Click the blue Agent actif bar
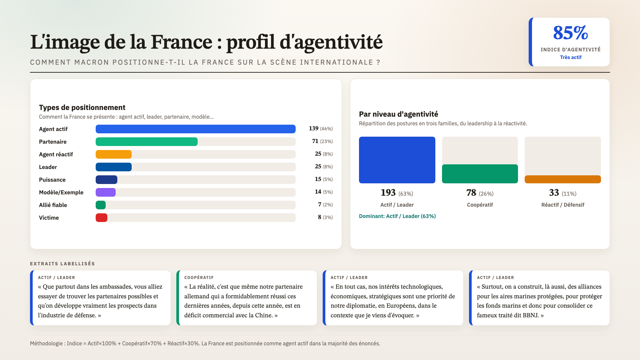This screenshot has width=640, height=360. [x=195, y=129]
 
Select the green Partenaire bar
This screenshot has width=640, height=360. [x=146, y=142]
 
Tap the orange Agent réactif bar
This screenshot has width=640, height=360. [x=113, y=154]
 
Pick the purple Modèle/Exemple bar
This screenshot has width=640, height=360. [x=105, y=192]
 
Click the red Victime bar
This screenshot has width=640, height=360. [x=101, y=218]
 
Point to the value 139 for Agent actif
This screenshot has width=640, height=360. [x=313, y=128]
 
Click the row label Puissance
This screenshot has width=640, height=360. [x=52, y=180]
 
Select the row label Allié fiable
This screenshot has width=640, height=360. [x=53, y=205]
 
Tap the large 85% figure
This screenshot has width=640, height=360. [x=570, y=33]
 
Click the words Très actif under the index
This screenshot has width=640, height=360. [x=571, y=57]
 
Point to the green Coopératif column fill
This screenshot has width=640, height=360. [x=480, y=174]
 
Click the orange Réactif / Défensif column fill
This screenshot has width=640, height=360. [x=563, y=179]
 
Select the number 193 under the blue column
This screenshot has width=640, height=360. [x=388, y=193]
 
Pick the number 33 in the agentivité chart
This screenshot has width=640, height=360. [x=554, y=193]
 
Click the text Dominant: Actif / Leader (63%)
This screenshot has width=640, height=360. [x=397, y=216]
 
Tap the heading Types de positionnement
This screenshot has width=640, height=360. [x=82, y=107]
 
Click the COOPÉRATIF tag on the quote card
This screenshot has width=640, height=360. [x=199, y=278]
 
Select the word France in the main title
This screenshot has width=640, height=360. [x=181, y=42]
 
